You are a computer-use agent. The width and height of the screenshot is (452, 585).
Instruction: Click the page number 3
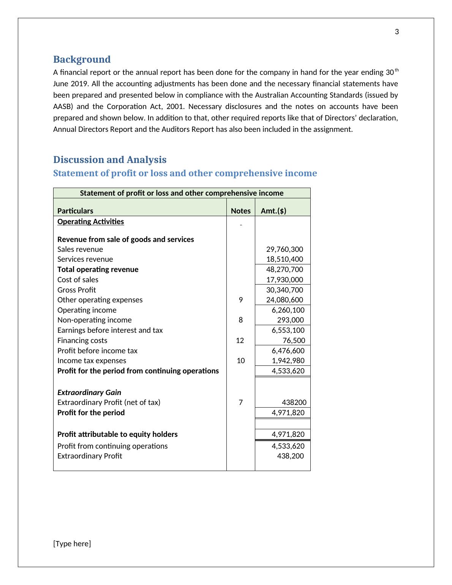pyautogui.click(x=397, y=32)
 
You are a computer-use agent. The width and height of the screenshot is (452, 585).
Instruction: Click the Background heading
pyautogui.click(x=82, y=59)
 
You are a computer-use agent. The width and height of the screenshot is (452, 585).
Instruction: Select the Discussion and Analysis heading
pyautogui.click(x=110, y=160)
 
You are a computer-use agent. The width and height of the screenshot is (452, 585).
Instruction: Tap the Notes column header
pyautogui.click(x=241, y=211)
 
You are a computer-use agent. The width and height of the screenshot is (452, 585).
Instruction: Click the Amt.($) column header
pyautogui.click(x=273, y=211)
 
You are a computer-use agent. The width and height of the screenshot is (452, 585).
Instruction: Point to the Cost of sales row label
pyautogui.click(x=78, y=280)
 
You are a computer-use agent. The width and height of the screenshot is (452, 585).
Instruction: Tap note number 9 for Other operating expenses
pyautogui.click(x=241, y=300)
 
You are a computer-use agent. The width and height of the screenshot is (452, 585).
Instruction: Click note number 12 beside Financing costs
pyautogui.click(x=240, y=341)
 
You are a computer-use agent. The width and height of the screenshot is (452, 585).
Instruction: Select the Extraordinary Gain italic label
pyautogui.click(x=89, y=393)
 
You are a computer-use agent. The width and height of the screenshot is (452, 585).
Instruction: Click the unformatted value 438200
pyautogui.click(x=294, y=403)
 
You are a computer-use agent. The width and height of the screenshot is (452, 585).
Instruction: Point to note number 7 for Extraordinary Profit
pyautogui.click(x=241, y=403)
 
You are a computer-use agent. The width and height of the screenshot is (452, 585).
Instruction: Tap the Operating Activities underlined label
pyautogui.click(x=90, y=222)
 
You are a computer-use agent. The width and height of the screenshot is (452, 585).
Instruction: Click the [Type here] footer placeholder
pyautogui.click(x=72, y=544)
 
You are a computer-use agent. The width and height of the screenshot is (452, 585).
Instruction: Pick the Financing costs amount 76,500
pyautogui.click(x=294, y=341)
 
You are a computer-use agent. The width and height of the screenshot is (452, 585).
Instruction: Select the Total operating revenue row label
pyautogui.click(x=98, y=270)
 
